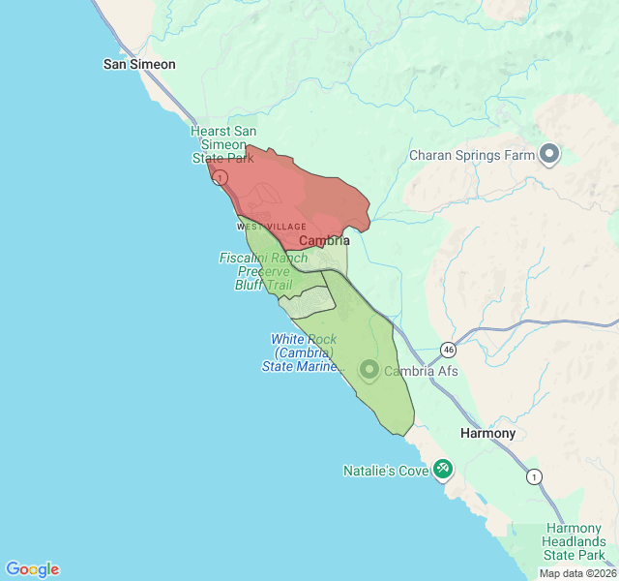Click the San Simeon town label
coord(139,64)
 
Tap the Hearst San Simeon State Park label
coord(222,144)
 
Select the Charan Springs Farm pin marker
coord(550,154)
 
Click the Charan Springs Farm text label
coord(472,155)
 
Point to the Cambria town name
coord(324,240)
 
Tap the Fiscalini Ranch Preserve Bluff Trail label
coord(264,271)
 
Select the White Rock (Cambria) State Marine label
coord(303,352)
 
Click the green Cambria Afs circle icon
coord(368,370)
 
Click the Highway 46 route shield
coord(448,349)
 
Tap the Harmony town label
coord(487,433)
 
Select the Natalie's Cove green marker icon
coord(443,470)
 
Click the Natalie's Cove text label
coord(385,472)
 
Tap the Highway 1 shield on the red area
coord(221,178)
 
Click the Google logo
coord(33,569)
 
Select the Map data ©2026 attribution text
coord(576,573)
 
